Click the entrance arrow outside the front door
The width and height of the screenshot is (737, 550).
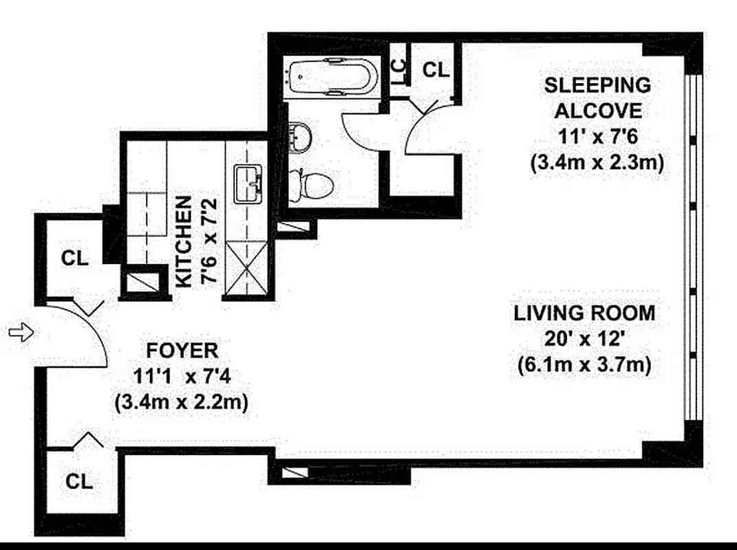click(x=21, y=333)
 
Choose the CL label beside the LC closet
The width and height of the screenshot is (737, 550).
click(x=435, y=69)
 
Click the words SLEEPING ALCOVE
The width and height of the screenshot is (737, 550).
click(x=597, y=98)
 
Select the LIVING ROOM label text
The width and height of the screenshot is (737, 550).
click(x=584, y=313)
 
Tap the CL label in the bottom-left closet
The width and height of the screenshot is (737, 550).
click(x=79, y=481)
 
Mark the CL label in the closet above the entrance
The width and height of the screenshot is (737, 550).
click(x=74, y=258)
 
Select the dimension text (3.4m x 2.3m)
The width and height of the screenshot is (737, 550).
click(x=597, y=164)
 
